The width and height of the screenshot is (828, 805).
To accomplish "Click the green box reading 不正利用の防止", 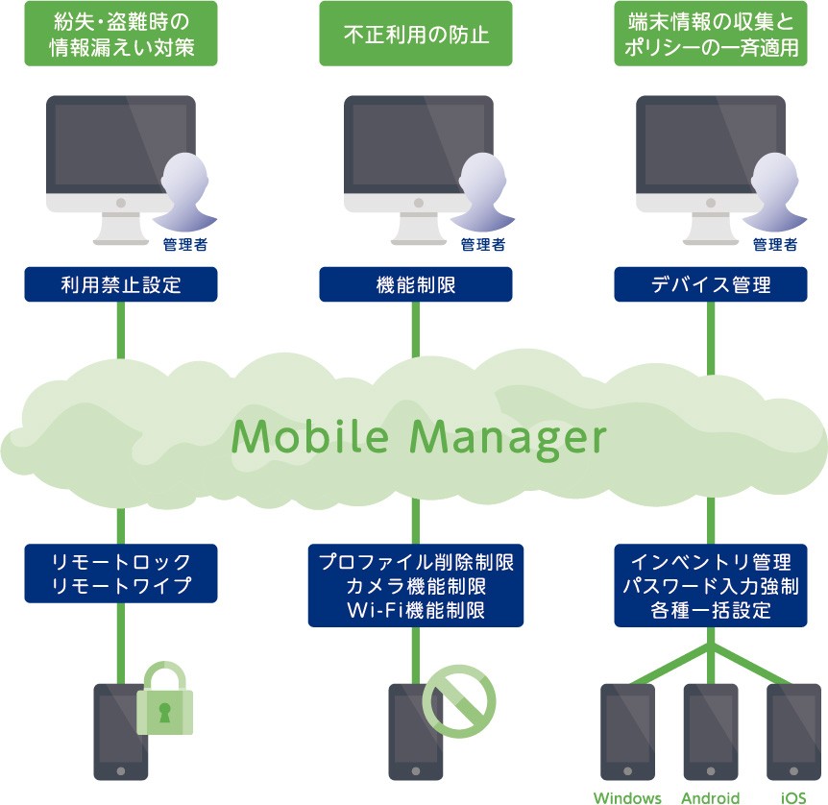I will coord(416,35).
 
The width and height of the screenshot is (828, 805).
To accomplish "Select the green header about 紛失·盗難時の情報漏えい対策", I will coord(121,35).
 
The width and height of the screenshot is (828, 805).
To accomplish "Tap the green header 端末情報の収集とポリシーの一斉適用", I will coord(711,35).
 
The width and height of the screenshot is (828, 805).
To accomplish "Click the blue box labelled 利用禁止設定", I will coord(121,285).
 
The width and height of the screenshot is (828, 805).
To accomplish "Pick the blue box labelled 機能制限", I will coord(416,285).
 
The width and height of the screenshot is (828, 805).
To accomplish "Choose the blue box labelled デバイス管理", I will coord(711,285).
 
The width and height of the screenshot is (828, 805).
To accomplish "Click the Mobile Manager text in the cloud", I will coord(420,437).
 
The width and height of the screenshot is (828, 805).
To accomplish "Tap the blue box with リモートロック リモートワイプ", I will coord(121,574).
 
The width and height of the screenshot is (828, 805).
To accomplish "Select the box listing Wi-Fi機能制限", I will coord(416,586).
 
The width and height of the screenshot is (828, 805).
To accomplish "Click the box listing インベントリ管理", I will coord(711,586).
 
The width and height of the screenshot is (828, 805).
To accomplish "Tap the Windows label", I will coord(627,797).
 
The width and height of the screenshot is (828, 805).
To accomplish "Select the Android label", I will coord(711,797).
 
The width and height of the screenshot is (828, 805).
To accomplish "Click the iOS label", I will coord(793,797).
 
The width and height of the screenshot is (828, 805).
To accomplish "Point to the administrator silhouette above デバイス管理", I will coord(774,192).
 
